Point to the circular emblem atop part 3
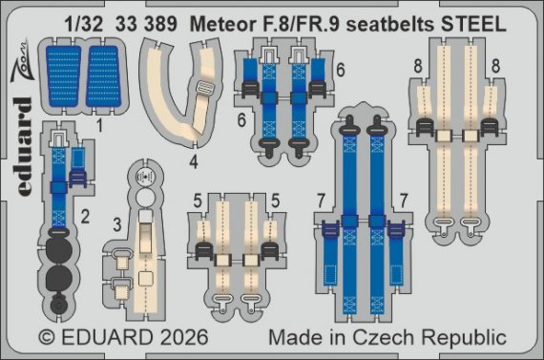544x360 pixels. point(146,178)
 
